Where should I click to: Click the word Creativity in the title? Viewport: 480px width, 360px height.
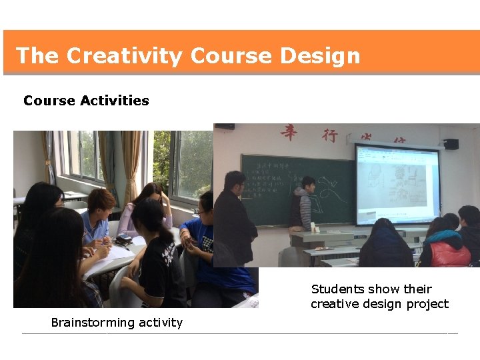pos(124,55)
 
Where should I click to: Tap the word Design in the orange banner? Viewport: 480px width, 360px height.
pos(320,55)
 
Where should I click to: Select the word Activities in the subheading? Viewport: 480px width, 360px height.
pos(114,101)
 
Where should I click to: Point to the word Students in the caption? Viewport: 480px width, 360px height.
pos(337,289)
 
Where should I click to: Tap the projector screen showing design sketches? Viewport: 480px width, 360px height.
pos(397,183)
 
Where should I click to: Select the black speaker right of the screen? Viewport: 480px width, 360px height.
pos(451,143)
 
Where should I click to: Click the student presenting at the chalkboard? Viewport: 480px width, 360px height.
pos(303,203)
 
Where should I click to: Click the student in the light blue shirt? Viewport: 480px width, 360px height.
pos(97,220)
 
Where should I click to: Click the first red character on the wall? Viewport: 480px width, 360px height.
pos(289,133)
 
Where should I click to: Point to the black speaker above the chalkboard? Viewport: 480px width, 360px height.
pos(225,126)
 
